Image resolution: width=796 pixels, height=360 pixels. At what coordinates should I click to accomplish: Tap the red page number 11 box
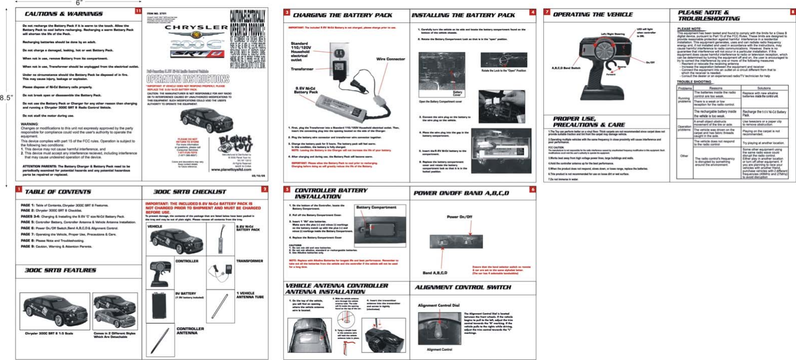point(138,11)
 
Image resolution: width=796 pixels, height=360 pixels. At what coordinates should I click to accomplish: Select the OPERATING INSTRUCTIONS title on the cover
point(188,79)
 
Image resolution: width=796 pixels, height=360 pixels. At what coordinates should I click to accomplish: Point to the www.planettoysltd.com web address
point(231,170)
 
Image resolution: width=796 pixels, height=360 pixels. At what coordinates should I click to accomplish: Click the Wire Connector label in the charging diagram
point(390,59)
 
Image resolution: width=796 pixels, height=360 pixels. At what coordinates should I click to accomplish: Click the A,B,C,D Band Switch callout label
point(565,68)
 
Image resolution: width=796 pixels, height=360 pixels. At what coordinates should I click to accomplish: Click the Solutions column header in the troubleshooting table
point(763,88)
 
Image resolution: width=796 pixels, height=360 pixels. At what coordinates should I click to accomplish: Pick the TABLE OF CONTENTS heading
point(58,192)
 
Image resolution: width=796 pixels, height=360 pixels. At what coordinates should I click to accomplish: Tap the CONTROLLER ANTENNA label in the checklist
point(190,331)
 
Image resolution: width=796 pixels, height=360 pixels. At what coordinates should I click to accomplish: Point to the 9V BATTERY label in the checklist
point(185,294)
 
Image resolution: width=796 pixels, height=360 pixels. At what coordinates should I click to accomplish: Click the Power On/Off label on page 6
point(459,217)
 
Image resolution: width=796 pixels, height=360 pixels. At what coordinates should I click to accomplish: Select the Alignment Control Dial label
point(438,305)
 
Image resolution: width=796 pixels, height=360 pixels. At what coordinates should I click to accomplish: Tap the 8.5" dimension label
point(6,98)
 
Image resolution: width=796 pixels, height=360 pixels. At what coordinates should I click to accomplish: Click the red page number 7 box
point(547,12)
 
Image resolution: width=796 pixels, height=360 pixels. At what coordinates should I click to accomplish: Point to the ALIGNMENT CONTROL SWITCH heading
point(462,288)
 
